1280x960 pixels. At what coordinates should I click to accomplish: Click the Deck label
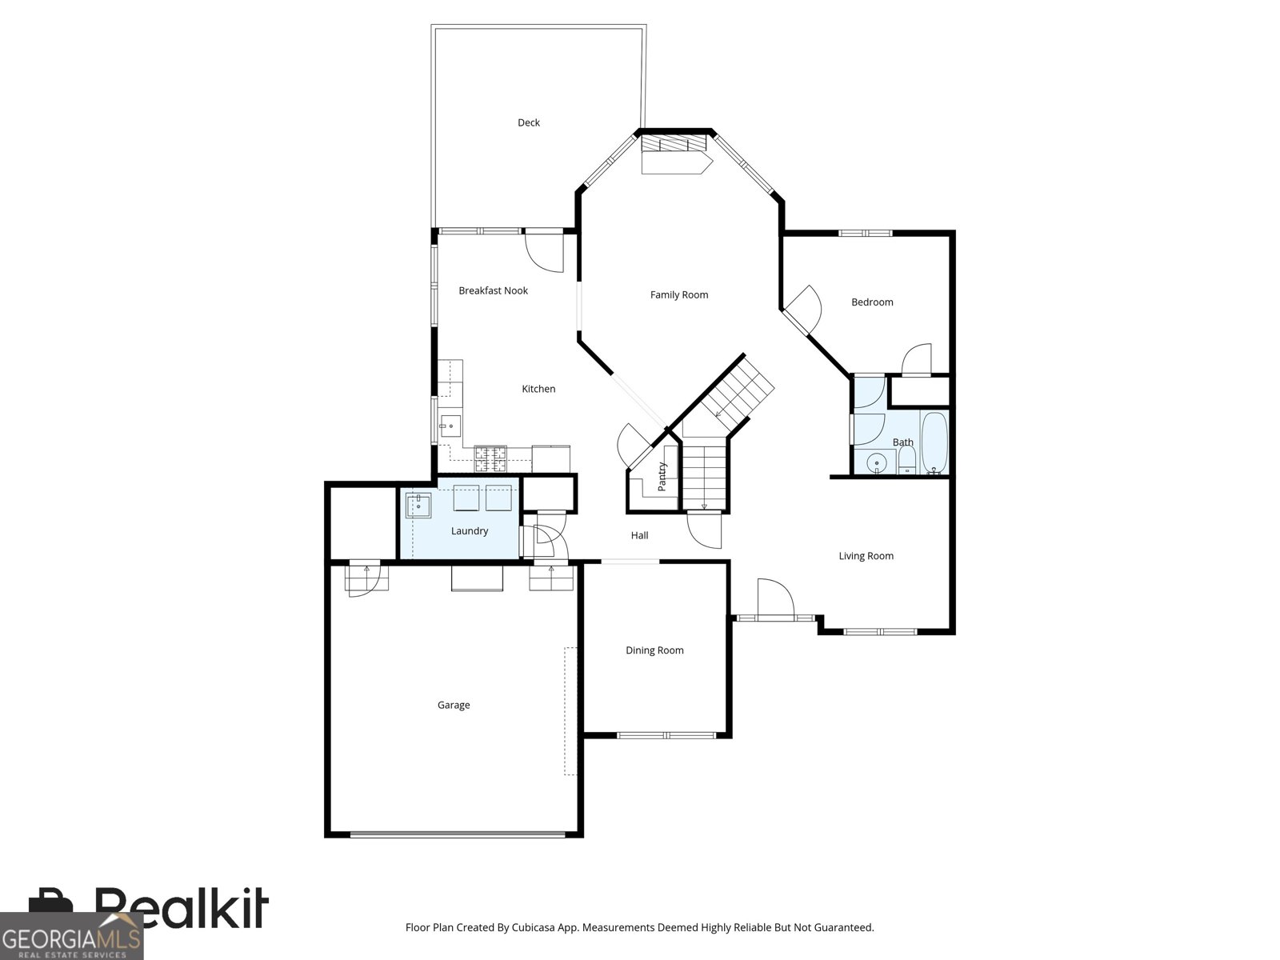(528, 122)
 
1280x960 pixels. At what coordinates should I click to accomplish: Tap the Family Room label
(678, 295)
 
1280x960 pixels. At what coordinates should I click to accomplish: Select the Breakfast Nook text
(493, 290)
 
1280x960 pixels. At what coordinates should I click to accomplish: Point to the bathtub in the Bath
(934, 442)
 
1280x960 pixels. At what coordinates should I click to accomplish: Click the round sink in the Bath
(877, 463)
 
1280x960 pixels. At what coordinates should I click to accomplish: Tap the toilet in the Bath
(906, 460)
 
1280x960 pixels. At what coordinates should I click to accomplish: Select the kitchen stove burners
(490, 458)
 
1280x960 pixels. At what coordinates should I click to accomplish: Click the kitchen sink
(450, 426)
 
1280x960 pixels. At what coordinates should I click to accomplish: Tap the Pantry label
(662, 476)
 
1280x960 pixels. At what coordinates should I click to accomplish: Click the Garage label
(453, 705)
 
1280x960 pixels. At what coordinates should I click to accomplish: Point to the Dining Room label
(654, 650)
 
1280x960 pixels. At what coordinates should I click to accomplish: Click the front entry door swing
(774, 597)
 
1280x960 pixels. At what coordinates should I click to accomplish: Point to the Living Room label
(866, 556)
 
